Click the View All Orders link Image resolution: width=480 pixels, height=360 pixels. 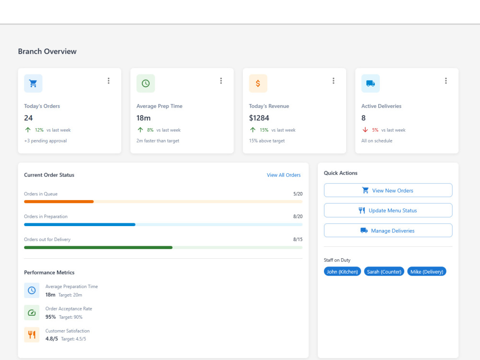click(284, 175)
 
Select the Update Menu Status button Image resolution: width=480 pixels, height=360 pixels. click(388, 210)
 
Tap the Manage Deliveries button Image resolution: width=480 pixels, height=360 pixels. click(388, 230)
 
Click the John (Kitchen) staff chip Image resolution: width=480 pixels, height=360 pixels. click(342, 272)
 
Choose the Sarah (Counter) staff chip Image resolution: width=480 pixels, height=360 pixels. click(384, 272)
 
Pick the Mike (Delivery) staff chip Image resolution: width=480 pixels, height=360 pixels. click(427, 272)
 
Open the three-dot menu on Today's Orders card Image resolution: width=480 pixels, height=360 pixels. click(108, 81)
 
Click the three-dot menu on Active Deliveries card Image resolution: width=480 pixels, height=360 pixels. click(446, 81)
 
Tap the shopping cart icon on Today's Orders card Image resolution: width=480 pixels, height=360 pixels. click(33, 83)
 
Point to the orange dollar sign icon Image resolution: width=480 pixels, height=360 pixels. click(258, 83)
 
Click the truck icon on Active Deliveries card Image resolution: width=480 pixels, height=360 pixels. click(371, 83)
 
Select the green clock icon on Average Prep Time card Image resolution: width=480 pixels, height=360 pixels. click(146, 83)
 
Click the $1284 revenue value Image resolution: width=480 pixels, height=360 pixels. click(259, 118)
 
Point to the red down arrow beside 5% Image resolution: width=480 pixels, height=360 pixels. click(365, 130)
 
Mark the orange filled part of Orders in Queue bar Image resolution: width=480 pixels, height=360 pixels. click(59, 202)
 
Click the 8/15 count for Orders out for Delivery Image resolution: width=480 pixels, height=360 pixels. click(298, 240)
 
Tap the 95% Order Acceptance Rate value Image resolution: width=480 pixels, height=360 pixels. click(50, 317)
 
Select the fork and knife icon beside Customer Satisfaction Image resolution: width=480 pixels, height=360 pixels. click(32, 335)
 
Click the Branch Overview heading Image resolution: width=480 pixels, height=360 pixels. click(47, 51)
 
